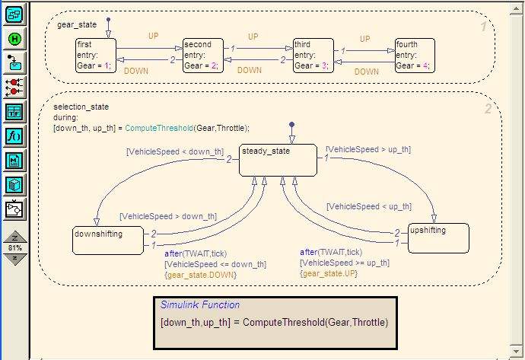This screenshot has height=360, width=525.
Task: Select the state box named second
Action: pos(202,56)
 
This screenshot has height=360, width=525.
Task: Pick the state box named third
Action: pos(313,56)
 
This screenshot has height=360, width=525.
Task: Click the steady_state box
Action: pos(276,160)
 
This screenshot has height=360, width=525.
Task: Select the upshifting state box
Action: pos(437,237)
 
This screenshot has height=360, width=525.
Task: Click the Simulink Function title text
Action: pos(199,305)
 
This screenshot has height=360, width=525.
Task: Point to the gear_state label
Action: pos(76,25)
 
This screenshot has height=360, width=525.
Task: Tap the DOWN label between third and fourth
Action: pos(366,72)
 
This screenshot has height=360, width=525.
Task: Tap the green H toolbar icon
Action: pos(15,39)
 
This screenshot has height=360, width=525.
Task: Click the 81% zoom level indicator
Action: pos(15,248)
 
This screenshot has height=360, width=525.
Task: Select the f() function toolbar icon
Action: pos(15,136)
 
